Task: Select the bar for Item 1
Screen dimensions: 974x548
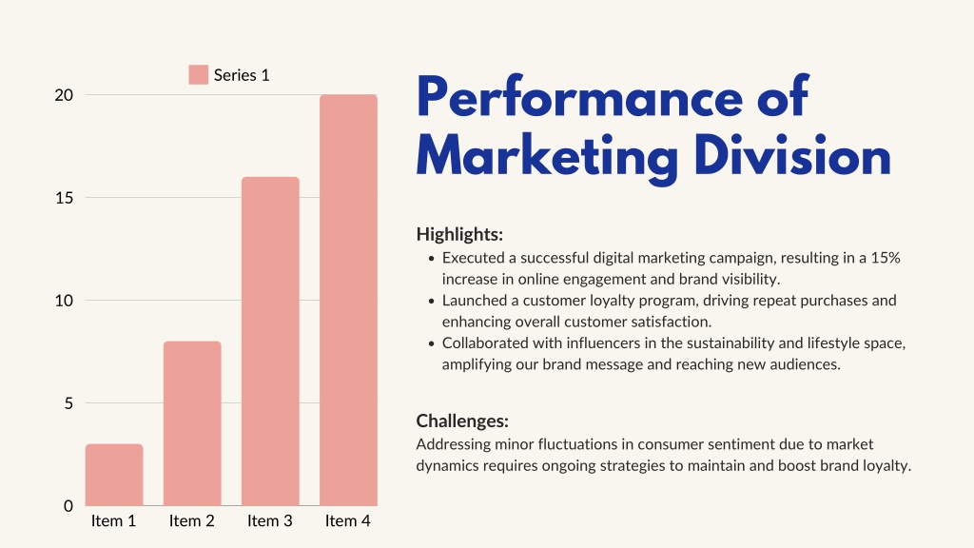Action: click(114, 475)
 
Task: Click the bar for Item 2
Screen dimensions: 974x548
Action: click(192, 423)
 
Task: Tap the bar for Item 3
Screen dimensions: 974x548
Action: click(270, 342)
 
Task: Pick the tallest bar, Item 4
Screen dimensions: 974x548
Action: click(348, 300)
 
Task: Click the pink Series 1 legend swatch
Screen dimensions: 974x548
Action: click(198, 74)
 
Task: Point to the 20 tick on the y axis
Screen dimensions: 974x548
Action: click(64, 95)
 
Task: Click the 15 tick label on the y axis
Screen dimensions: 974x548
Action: click(64, 198)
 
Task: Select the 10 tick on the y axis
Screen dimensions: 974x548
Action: click(64, 301)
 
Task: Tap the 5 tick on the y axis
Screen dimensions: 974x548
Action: click(68, 403)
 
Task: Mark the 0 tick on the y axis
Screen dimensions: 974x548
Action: click(68, 506)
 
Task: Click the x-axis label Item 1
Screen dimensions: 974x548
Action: click(114, 520)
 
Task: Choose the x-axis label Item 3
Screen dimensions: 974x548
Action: click(269, 520)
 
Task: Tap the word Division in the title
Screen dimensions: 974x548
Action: click(792, 155)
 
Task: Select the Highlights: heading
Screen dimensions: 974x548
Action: click(459, 234)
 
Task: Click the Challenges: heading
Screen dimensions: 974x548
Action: click(462, 421)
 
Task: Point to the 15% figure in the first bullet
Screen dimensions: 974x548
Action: click(886, 258)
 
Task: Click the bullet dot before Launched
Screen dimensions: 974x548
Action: click(432, 302)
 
